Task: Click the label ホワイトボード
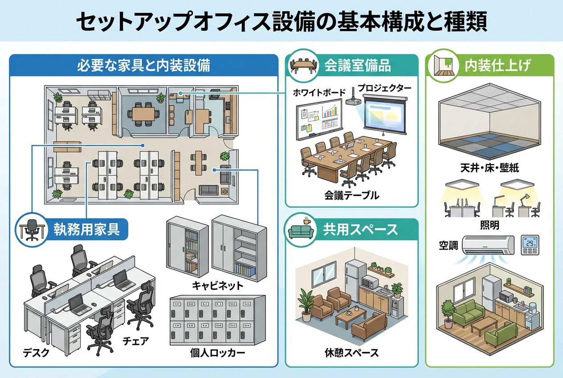coord(319,93)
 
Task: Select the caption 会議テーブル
coord(352,195)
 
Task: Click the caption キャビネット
coord(217,285)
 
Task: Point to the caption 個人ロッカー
coord(217,353)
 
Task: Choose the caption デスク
coord(36,353)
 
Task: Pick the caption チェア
coord(135,341)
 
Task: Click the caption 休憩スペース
coord(352,353)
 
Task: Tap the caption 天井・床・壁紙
coord(490,168)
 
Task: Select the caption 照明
coord(490,226)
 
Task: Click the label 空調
coord(448,245)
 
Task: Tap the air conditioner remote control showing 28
coord(530,245)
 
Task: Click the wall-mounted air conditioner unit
coord(488,244)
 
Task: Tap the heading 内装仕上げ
coord(498,66)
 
